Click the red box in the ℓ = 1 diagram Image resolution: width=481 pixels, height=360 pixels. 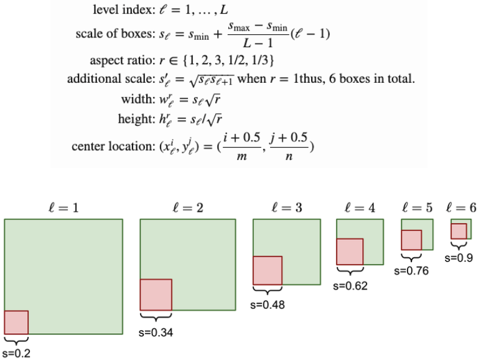pyautogui.click(x=16, y=323)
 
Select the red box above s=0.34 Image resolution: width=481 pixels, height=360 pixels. pyautogui.click(x=156, y=295)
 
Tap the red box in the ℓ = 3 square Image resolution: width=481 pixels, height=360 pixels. pyautogui.click(x=268, y=270)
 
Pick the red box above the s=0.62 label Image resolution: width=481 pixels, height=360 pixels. pyautogui.click(x=350, y=252)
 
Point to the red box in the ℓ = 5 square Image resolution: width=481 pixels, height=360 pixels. pyautogui.click(x=411, y=240)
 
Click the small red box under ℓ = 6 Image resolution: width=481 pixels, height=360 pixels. pyautogui.click(x=459, y=230)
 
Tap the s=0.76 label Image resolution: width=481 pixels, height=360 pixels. pyautogui.click(x=411, y=271)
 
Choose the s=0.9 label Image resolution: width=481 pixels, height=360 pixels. pyautogui.click(x=459, y=257)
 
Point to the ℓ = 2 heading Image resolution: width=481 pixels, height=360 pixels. pyautogui.click(x=188, y=207)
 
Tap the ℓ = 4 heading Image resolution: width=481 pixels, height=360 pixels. pyautogui.click(x=360, y=207)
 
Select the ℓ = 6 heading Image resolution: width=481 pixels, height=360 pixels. pyautogui.click(x=462, y=207)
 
